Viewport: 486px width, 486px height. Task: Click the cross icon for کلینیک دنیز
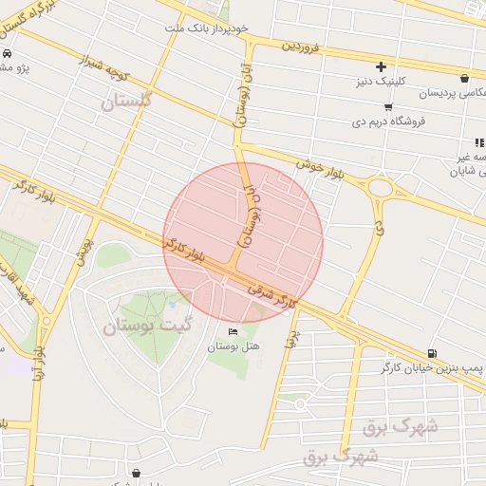tap(381, 66)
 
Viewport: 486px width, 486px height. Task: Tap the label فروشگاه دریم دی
tap(419, 121)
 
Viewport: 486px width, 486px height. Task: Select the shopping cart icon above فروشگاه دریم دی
tap(390, 105)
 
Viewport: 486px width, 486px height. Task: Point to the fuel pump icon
tap(433, 351)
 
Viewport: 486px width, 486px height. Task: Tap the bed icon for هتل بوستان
tap(234, 331)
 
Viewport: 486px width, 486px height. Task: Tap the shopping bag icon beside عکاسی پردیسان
tap(464, 78)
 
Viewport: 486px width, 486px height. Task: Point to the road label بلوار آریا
tap(39, 357)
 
